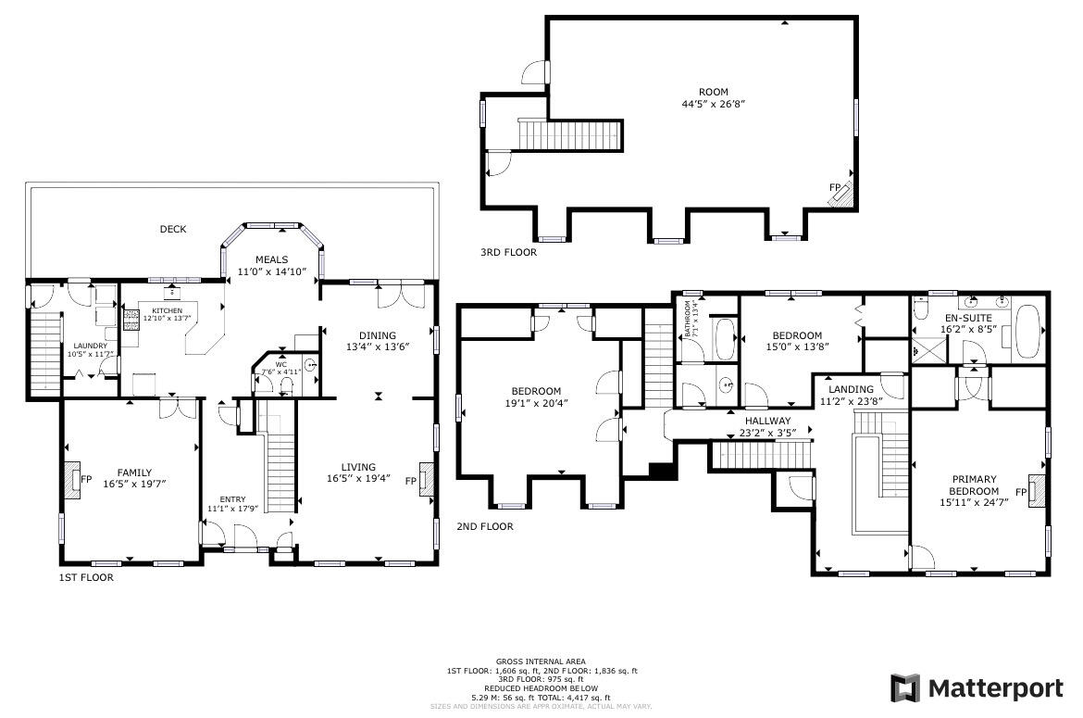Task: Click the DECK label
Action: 172,229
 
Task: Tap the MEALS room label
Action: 272,260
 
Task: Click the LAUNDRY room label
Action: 91,346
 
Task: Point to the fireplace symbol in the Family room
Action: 73,479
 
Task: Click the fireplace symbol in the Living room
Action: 426,479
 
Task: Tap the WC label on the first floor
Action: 280,365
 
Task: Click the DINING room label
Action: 377,335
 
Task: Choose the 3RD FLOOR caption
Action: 507,252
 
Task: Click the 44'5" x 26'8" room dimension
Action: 713,104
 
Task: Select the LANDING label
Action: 851,389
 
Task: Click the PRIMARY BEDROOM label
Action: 974,485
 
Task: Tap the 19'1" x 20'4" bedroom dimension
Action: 536,403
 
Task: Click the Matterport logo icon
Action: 904,688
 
